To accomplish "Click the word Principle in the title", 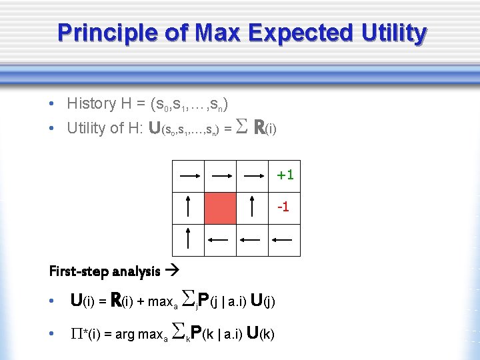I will pos(98,32).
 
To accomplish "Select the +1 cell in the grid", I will pos(285,175).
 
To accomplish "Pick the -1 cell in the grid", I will pos(285,207).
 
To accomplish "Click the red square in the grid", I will pos(221,207).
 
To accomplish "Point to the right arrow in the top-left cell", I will pos(189,176).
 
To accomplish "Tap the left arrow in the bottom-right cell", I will pos(285,239).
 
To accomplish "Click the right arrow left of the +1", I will pos(253,176).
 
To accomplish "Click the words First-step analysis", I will pos(105,271).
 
